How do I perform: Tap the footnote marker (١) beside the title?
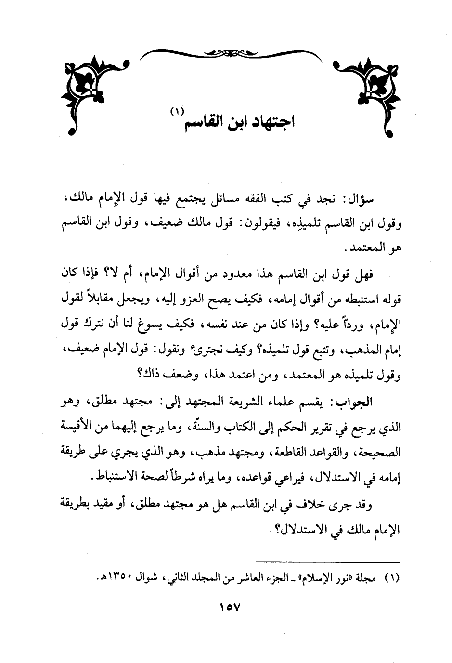177,112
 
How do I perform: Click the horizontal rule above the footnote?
327,562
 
